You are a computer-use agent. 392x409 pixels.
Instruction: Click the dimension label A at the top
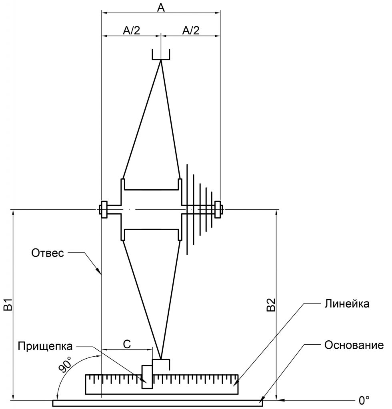pyautogui.click(x=161, y=8)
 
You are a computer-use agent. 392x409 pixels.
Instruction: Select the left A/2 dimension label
pyautogui.click(x=132, y=30)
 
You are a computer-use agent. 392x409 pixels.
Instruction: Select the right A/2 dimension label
pyautogui.click(x=191, y=30)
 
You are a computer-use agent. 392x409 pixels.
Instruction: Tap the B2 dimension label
pyautogui.click(x=271, y=305)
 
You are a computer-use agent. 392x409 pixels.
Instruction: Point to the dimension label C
pyautogui.click(x=127, y=344)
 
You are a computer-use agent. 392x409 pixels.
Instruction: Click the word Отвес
pyautogui.click(x=48, y=253)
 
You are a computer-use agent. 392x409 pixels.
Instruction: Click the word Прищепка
pyautogui.click(x=45, y=346)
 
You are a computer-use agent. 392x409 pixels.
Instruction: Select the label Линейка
pyautogui.click(x=347, y=304)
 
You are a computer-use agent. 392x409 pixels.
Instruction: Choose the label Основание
pyautogui.click(x=354, y=345)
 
